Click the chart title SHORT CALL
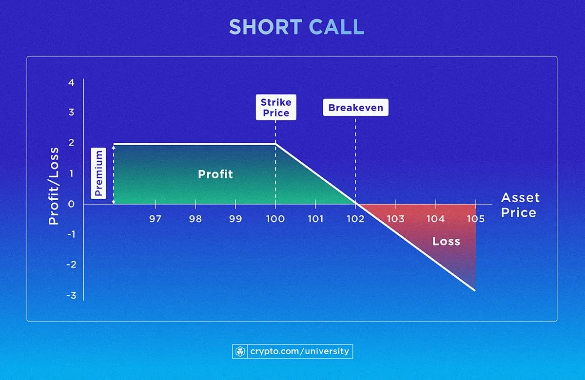(296, 27)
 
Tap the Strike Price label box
(275, 108)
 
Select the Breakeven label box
(355, 108)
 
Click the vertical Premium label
(99, 173)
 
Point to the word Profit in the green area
(215, 174)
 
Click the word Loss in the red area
(446, 241)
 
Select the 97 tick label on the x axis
(155, 219)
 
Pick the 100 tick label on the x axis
(275, 219)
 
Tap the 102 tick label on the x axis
(355, 219)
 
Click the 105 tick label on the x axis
(475, 219)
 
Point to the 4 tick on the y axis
(72, 83)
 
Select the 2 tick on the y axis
(72, 143)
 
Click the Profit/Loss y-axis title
(54, 186)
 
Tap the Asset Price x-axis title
(520, 205)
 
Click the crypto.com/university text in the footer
(299, 351)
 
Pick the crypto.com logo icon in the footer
(240, 351)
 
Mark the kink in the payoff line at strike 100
(275, 144)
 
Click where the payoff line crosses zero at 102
(355, 204)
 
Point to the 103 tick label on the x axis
(395, 219)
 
